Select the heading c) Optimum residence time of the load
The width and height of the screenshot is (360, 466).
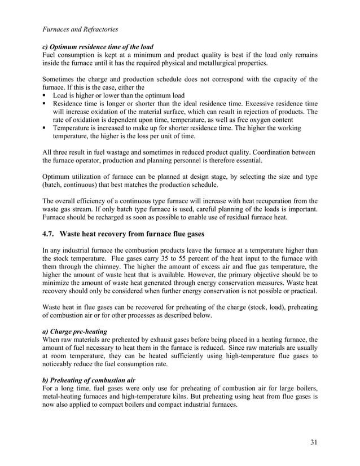click(x=98, y=46)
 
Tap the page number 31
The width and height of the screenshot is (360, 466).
click(x=314, y=442)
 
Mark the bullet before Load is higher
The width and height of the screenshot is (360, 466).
click(x=45, y=96)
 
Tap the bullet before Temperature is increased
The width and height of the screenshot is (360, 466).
click(x=45, y=128)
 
